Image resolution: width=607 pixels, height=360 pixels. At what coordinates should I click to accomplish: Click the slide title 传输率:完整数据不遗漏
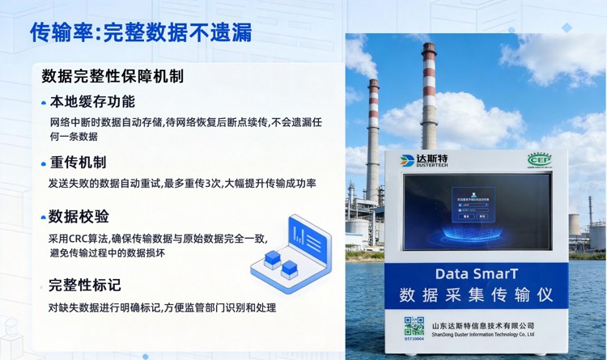point(140,32)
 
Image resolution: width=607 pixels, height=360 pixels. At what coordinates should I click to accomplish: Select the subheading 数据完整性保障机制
point(112,76)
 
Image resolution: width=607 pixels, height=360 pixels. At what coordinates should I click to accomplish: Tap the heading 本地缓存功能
point(92,102)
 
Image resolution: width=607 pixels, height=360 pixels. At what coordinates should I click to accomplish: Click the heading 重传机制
point(78,162)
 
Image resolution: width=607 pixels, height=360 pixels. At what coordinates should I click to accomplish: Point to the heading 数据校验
point(79,217)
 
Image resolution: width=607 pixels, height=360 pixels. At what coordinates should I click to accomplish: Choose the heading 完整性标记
point(85,285)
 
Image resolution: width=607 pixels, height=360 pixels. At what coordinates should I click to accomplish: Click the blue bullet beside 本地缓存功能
point(44,104)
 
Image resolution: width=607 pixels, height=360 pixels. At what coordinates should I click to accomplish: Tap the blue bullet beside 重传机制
point(44,163)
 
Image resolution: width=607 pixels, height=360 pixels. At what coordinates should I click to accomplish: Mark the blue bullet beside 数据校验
point(43,218)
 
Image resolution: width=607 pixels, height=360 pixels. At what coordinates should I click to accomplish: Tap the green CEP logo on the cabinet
point(538,159)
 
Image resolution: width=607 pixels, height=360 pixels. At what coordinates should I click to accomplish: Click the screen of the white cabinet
point(477,211)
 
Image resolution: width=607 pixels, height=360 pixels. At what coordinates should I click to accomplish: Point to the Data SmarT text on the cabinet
point(476,273)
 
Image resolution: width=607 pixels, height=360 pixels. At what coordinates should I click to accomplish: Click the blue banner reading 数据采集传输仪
point(476,296)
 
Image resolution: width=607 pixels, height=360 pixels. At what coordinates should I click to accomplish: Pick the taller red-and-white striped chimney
point(428,96)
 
